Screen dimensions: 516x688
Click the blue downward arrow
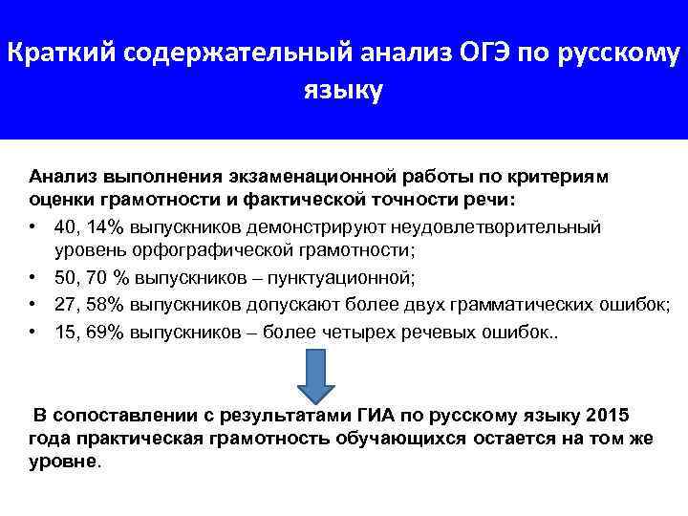point(313,375)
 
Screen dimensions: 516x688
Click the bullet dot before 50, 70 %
point(33,278)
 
